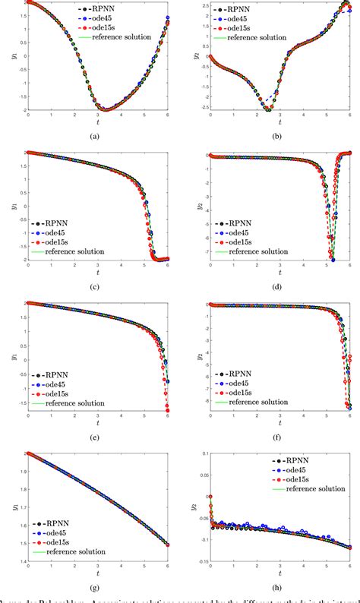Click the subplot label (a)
tap(93, 135)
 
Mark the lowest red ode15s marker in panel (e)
tap(167, 411)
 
